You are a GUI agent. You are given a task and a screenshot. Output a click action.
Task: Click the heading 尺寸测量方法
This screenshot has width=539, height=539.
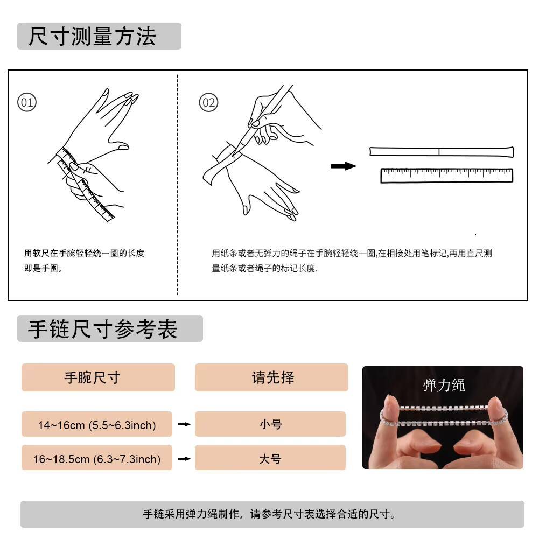point(92,36)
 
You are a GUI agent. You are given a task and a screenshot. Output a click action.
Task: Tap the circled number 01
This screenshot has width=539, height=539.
point(27,102)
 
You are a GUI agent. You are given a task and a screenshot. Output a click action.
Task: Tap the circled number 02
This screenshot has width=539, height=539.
point(209,102)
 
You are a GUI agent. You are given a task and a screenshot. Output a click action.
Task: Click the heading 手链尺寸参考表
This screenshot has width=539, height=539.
point(102,328)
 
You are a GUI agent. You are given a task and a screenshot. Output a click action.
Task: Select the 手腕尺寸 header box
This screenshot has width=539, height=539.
point(98,377)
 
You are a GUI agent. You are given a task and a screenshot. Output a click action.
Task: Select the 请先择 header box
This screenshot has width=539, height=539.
point(271,377)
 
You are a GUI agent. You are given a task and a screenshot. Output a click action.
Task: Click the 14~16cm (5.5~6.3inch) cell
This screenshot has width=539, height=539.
point(96,424)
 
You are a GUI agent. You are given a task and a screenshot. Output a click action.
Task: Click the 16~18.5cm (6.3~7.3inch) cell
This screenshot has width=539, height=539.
point(96,458)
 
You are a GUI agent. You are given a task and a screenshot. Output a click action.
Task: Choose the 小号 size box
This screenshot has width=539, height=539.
point(270,424)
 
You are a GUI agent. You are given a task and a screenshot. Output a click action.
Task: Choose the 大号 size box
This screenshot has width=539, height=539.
point(270,458)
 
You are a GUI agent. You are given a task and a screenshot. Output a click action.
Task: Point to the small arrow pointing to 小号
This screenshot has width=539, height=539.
point(184,424)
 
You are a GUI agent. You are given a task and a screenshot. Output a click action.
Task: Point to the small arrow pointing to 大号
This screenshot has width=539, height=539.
point(184,459)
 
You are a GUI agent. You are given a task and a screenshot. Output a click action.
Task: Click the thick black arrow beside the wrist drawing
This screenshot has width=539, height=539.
point(344,166)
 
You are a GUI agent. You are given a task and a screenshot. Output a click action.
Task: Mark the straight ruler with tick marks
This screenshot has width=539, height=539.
point(446,176)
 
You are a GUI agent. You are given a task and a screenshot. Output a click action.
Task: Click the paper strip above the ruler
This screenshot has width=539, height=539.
point(442,152)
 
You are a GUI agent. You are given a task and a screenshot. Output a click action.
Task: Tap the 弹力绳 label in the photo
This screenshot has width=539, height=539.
point(444,385)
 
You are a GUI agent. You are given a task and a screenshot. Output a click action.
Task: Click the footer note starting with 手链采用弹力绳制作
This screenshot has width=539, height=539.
point(269,514)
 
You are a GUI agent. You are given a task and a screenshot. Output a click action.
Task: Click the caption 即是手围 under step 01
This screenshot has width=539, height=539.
point(43,268)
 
